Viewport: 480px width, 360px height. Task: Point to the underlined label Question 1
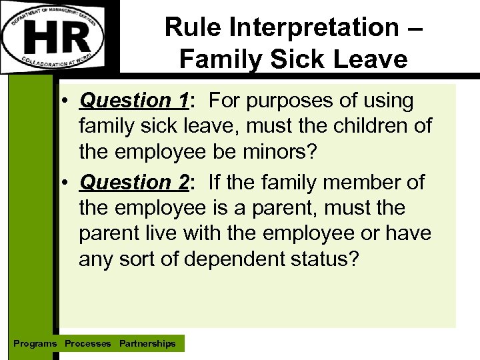tap(134, 101)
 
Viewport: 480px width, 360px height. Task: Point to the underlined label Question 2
tap(134, 181)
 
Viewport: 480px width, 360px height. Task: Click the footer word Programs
tap(35, 344)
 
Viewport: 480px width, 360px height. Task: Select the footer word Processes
tap(88, 344)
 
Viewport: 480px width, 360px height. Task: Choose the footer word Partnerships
tap(147, 344)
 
